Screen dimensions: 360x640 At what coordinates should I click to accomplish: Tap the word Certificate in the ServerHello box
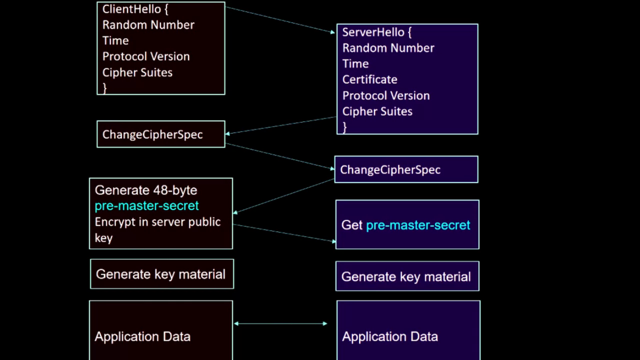(x=370, y=80)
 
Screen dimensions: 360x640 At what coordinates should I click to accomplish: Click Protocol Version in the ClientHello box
(x=146, y=57)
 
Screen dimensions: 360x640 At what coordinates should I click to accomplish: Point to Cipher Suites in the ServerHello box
(x=377, y=112)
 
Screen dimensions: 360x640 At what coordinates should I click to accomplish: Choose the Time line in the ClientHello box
(x=115, y=41)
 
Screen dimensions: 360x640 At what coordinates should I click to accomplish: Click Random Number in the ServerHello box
(x=388, y=48)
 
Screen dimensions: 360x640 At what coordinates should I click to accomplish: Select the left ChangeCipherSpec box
(x=161, y=134)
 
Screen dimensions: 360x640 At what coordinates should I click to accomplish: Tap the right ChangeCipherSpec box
(x=406, y=170)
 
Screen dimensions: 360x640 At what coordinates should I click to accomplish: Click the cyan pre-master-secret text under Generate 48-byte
(x=147, y=206)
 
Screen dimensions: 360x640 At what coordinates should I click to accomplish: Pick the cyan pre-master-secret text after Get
(x=418, y=225)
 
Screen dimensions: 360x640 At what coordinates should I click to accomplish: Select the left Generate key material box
(x=162, y=274)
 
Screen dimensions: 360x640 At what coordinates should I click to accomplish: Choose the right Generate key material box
(x=407, y=277)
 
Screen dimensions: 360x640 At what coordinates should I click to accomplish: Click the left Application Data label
(x=142, y=337)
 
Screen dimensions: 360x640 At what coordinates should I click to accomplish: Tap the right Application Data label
(x=390, y=337)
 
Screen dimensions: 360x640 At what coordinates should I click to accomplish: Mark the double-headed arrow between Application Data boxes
(x=280, y=324)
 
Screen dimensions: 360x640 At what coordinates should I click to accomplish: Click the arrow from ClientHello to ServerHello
(x=280, y=20)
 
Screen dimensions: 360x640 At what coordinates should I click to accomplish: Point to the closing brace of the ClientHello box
(x=105, y=88)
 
